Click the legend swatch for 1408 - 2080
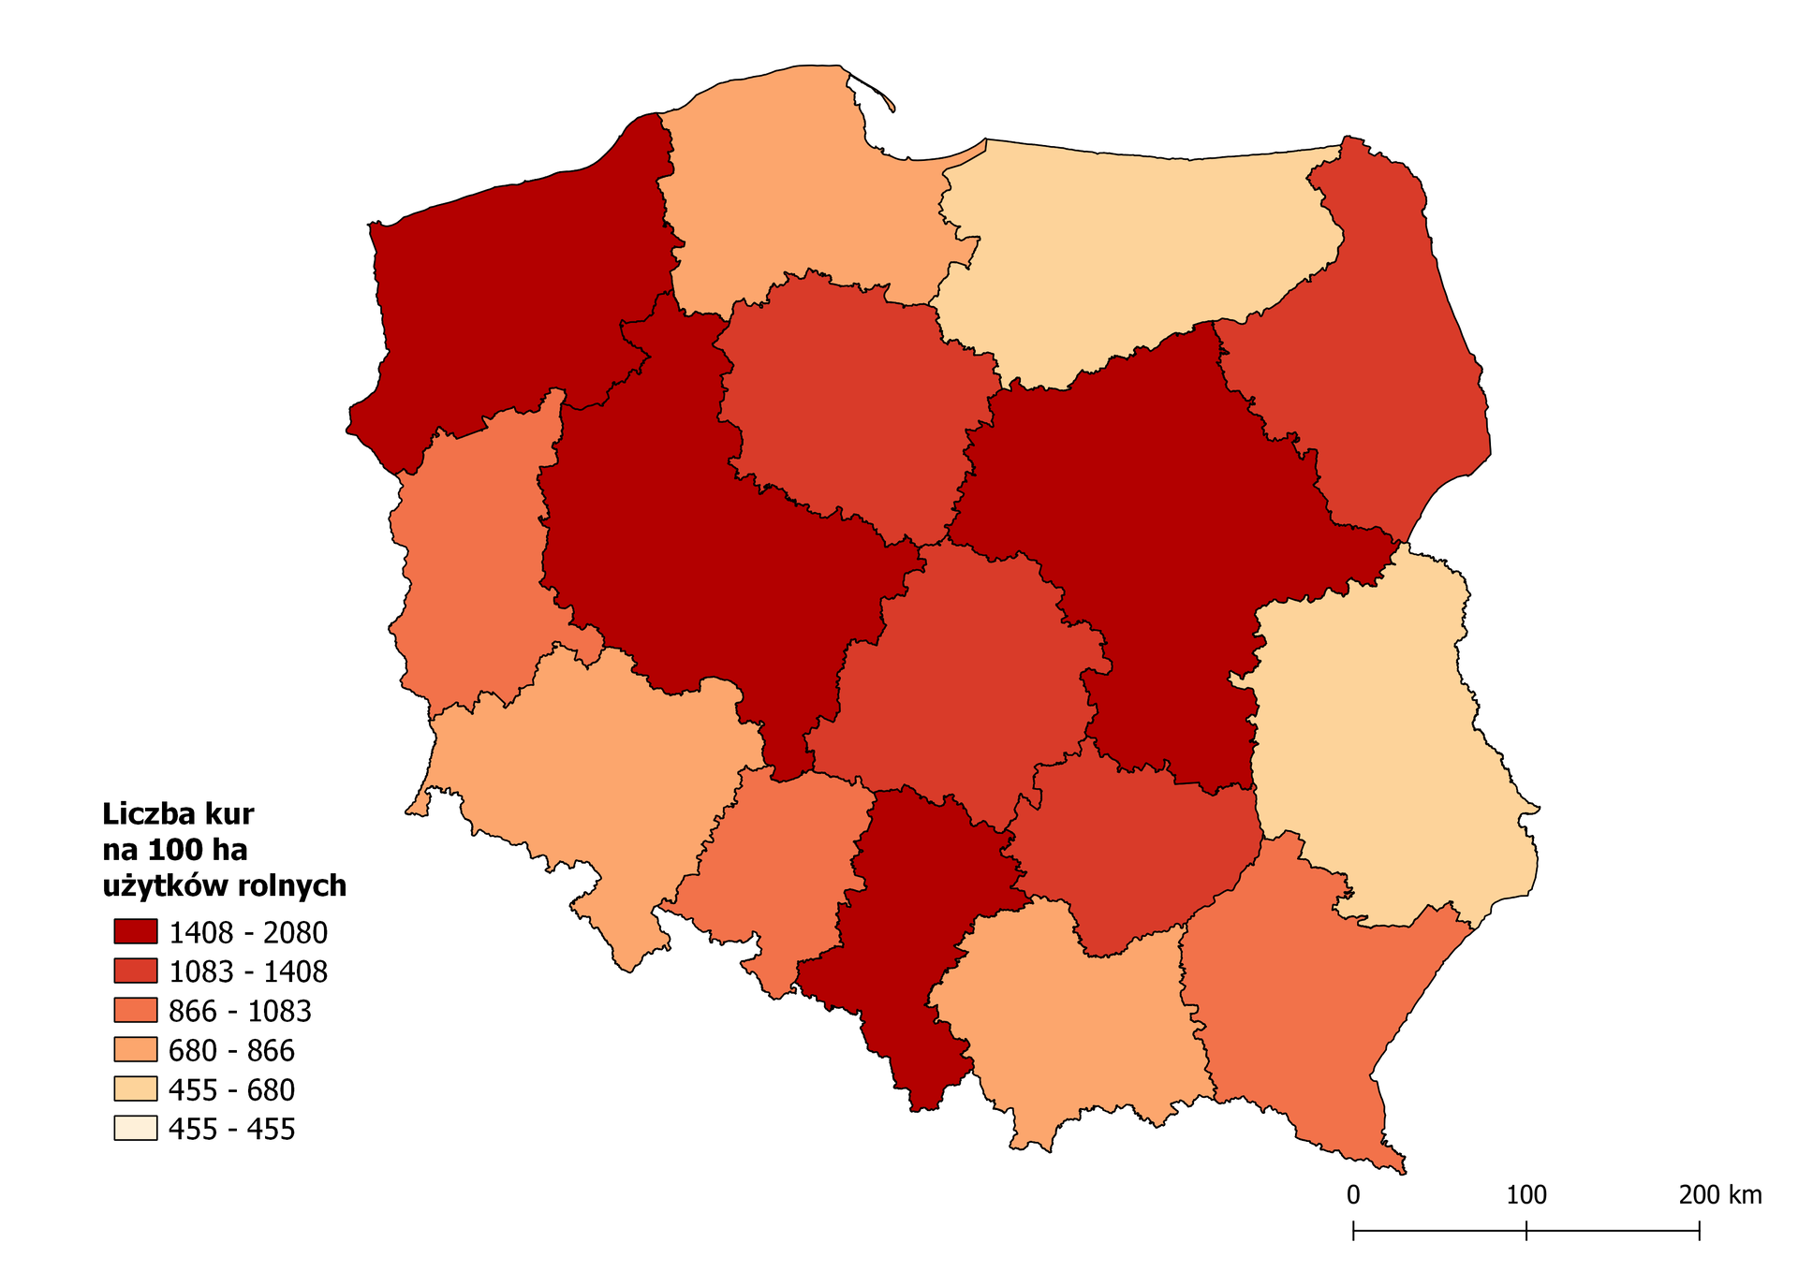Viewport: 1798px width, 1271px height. [136, 931]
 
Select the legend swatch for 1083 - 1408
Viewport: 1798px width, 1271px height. [136, 971]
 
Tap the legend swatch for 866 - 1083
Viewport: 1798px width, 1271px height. [136, 1010]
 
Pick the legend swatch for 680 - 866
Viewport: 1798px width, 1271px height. [136, 1049]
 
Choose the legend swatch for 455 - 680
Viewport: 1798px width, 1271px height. [136, 1088]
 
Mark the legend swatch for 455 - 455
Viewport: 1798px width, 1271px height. [136, 1128]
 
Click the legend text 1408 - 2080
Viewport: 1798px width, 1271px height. [247, 933]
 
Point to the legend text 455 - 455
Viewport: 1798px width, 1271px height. [231, 1130]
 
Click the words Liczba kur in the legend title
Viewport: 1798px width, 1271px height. [178, 813]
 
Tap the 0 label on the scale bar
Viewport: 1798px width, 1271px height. [1353, 1195]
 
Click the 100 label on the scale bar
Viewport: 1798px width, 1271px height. [1526, 1195]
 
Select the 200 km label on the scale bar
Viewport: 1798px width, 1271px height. [1719, 1195]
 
